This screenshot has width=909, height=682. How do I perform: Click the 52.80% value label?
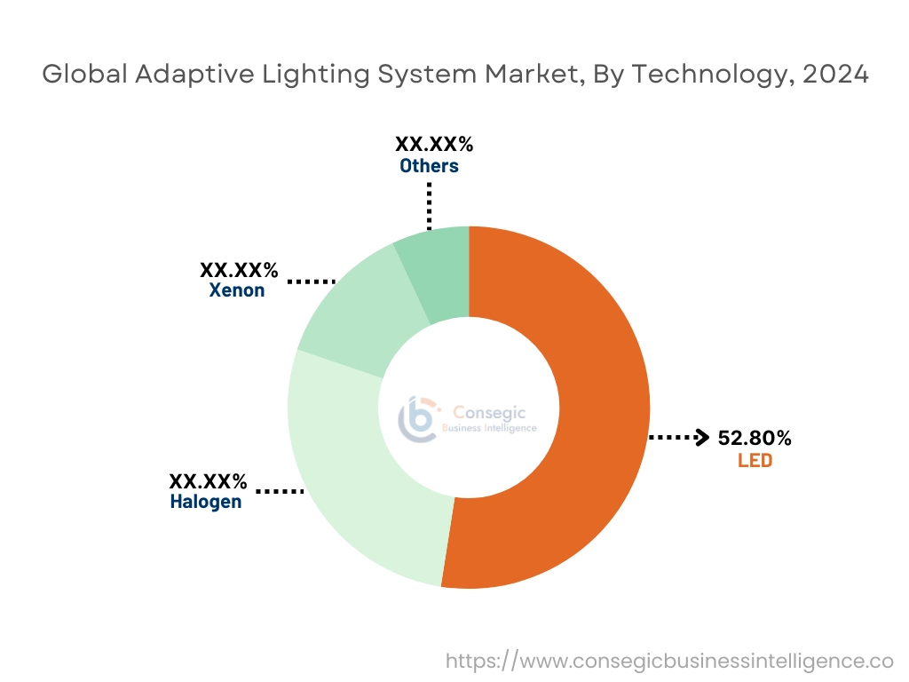click(x=755, y=438)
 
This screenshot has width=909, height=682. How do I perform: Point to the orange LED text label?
click(x=755, y=461)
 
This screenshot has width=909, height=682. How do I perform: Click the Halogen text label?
click(x=205, y=503)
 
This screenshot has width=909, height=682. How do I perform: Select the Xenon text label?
click(x=237, y=290)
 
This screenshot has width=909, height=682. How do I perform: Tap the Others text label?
click(x=429, y=166)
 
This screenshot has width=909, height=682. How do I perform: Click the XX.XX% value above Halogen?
click(x=209, y=482)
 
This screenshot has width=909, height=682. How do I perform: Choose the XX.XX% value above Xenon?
click(x=239, y=270)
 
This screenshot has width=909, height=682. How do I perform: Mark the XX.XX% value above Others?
click(x=434, y=144)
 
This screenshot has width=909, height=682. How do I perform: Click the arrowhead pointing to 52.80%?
click(x=701, y=438)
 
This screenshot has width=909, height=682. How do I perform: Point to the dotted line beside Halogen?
click(x=280, y=490)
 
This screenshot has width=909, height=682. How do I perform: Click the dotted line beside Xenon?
click(x=311, y=282)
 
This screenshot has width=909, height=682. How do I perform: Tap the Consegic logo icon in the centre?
click(x=417, y=418)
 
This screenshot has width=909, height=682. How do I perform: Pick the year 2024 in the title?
click(x=834, y=75)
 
